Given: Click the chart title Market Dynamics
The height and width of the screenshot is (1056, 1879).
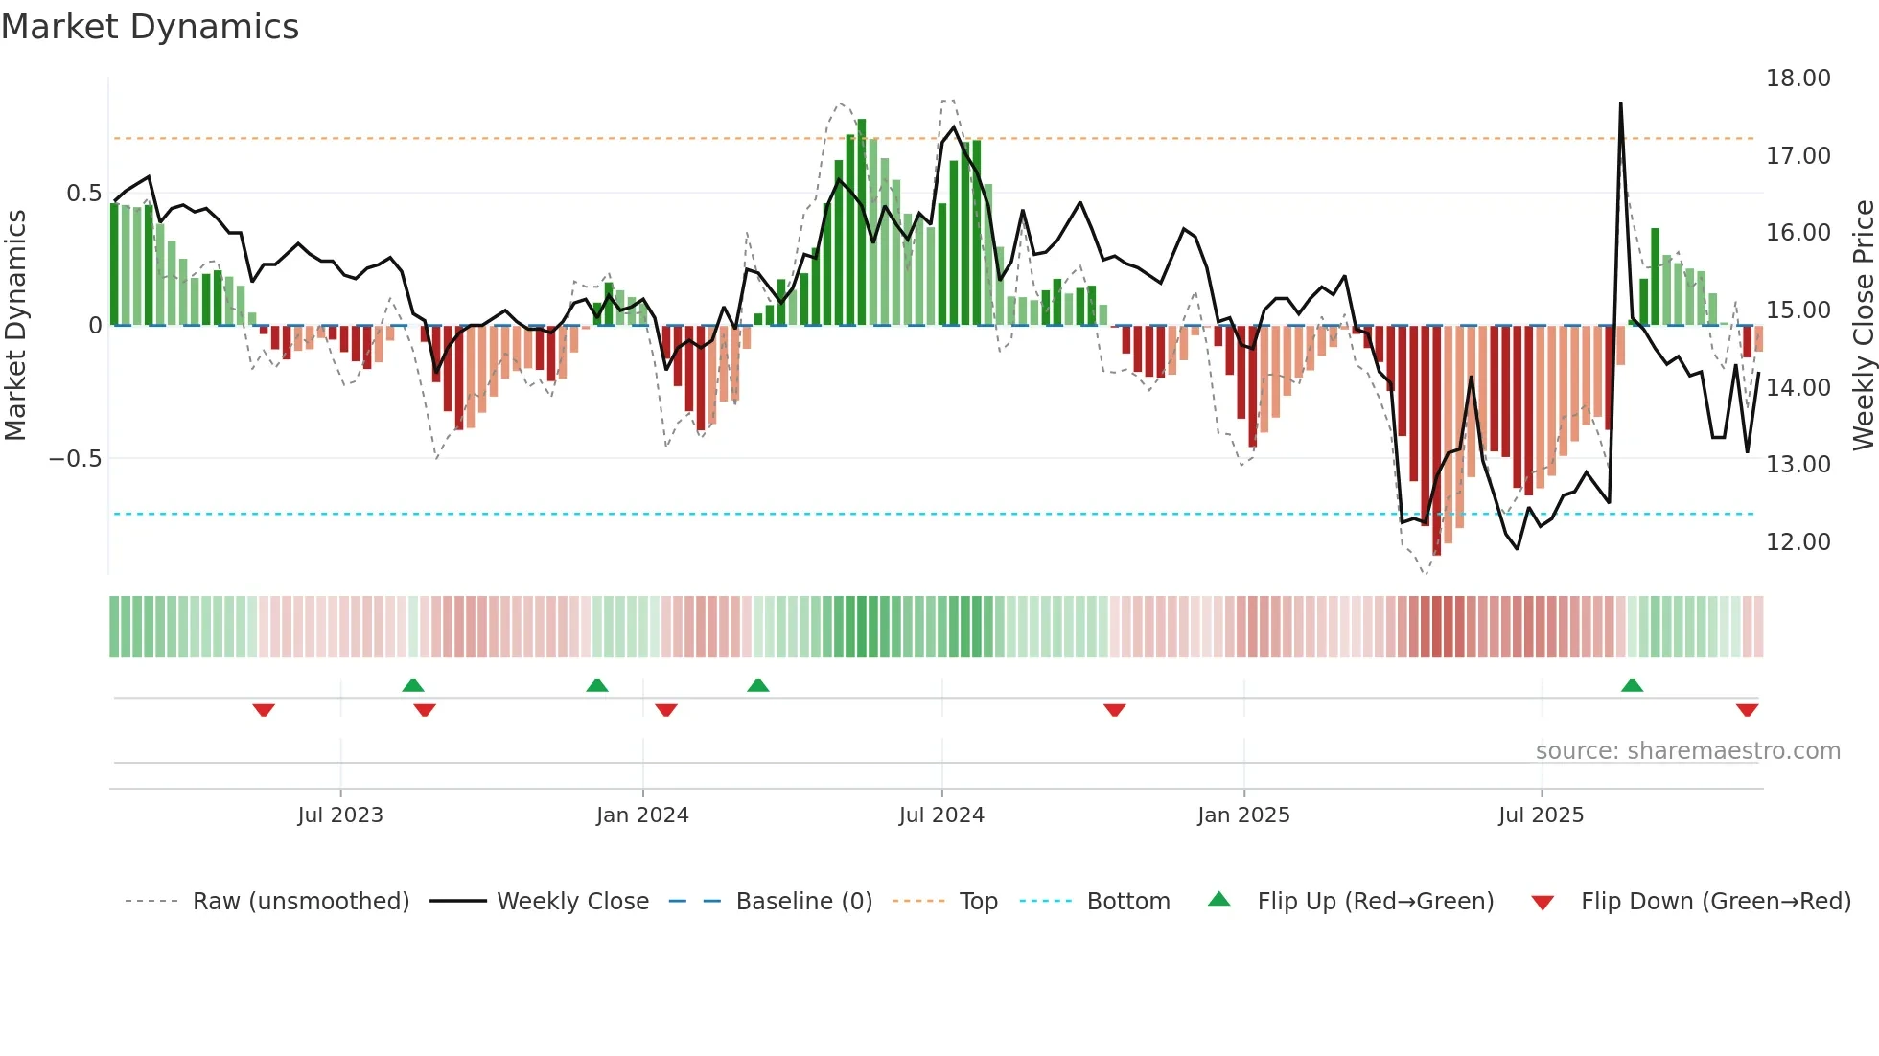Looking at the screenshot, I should tap(151, 27).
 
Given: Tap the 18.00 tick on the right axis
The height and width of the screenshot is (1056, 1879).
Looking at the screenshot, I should tap(1798, 79).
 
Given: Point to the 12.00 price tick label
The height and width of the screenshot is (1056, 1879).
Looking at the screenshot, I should tap(1798, 542).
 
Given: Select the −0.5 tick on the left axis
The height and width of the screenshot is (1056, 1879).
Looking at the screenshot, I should tap(75, 459).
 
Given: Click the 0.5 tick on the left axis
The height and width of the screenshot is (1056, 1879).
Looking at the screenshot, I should tap(83, 194).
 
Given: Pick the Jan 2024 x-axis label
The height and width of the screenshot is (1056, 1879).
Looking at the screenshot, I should tap(642, 815).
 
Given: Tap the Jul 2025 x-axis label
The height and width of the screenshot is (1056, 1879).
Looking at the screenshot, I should tap(1541, 815).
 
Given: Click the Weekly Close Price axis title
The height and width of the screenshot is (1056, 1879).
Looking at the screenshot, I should tap(1863, 325).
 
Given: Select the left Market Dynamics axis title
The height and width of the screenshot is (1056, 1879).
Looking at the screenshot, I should tap(15, 325).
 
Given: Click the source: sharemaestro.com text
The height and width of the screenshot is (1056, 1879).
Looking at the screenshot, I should tap(1687, 751).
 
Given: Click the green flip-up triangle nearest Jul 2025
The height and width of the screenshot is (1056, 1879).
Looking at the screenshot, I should tap(1632, 686).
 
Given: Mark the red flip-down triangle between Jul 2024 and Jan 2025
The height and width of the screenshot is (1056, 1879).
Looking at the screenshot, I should tap(1114, 710).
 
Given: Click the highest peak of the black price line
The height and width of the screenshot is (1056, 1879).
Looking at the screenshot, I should tap(1620, 103).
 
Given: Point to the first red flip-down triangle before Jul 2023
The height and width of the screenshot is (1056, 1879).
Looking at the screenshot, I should tap(264, 710).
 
